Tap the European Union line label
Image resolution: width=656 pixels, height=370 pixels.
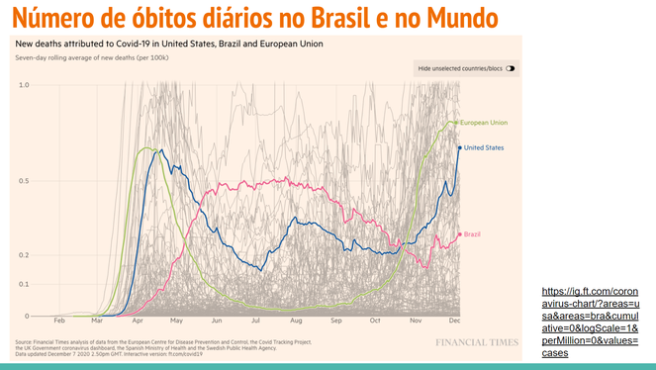[x=484, y=122]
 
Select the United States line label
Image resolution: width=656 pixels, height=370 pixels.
[x=484, y=147]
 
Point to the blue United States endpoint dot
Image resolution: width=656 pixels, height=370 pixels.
[x=459, y=147]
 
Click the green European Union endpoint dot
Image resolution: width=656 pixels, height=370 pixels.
[x=456, y=122]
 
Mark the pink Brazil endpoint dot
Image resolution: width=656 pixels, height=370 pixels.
[x=458, y=234]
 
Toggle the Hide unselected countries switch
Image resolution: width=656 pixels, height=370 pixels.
[x=511, y=68]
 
